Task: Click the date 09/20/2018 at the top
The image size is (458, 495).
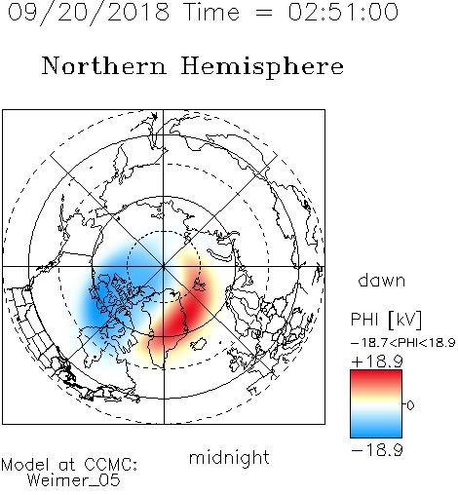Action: pos(89,12)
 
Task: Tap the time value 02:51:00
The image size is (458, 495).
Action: pos(343,12)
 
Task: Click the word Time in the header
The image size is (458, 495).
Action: pos(211,12)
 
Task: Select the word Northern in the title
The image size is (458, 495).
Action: pos(104,65)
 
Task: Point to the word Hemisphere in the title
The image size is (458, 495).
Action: pos(262,67)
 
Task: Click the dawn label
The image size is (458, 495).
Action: pos(382,280)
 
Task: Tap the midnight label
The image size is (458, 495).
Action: pos(229,457)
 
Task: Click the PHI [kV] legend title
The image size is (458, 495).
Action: pos(387,320)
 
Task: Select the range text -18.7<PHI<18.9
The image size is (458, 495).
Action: pos(402,343)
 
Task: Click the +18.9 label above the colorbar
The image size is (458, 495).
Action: pos(377,362)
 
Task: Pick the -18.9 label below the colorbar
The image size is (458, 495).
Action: pos(377,450)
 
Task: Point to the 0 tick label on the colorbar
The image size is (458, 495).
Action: pos(410,405)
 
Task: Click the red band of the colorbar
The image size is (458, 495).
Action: pos(376,378)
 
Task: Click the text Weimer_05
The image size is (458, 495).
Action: pos(74,480)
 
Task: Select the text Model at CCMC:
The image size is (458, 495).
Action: pos(69,465)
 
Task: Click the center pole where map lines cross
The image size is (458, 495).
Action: pos(164,267)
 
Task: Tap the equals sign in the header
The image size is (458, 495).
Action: pos(264,13)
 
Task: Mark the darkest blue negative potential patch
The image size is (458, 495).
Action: pos(97,304)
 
